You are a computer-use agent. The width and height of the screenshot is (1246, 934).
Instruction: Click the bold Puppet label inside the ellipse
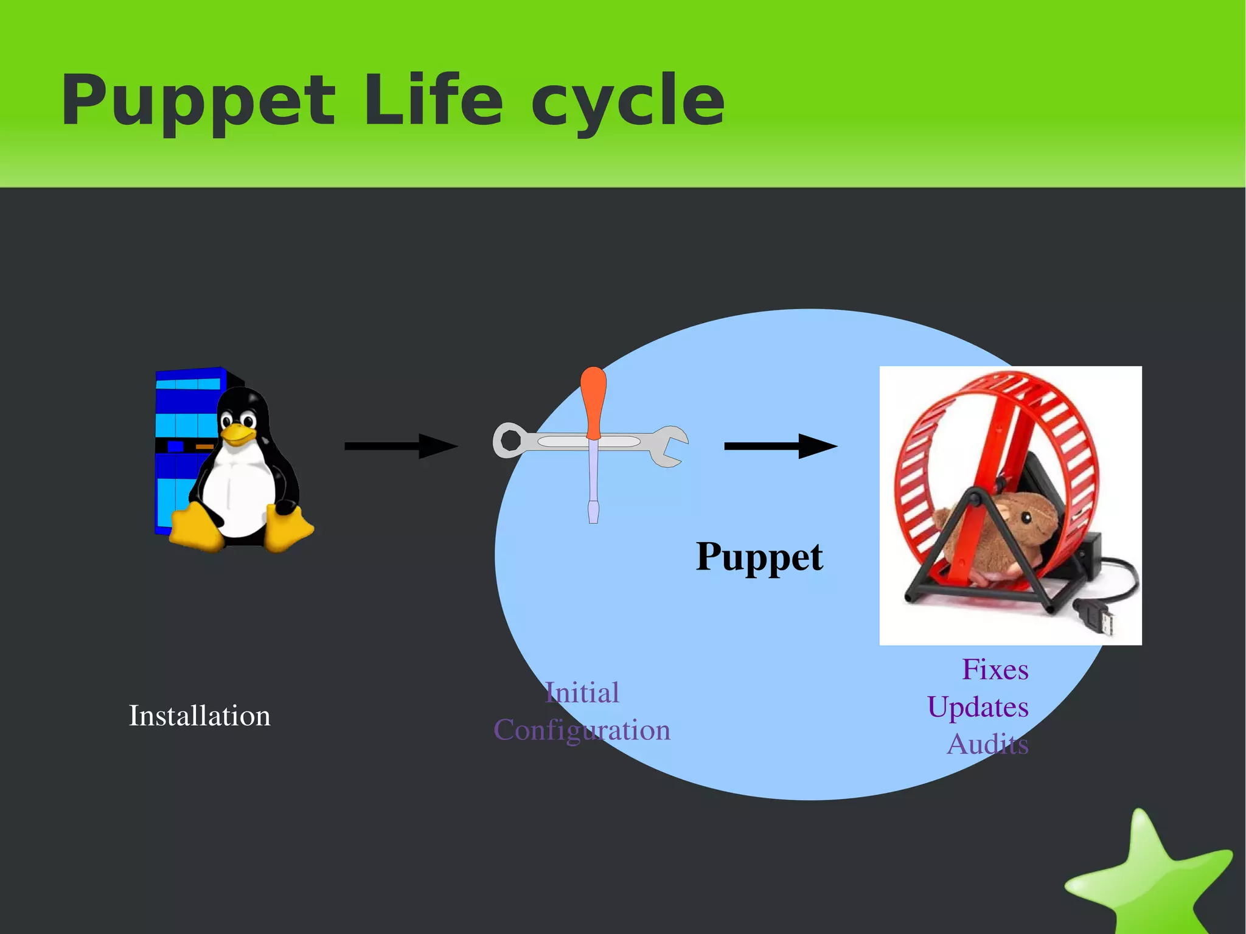click(759, 556)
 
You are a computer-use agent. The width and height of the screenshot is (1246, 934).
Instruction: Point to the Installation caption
click(200, 716)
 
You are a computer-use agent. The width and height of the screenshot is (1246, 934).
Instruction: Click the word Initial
click(582, 692)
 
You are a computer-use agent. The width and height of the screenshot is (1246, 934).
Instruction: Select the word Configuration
click(582, 730)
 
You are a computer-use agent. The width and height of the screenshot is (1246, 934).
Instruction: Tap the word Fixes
click(995, 669)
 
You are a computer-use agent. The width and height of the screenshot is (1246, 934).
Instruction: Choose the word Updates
click(978, 707)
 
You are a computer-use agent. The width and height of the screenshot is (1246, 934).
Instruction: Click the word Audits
click(987, 744)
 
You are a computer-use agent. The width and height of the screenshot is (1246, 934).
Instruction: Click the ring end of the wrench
click(508, 440)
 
